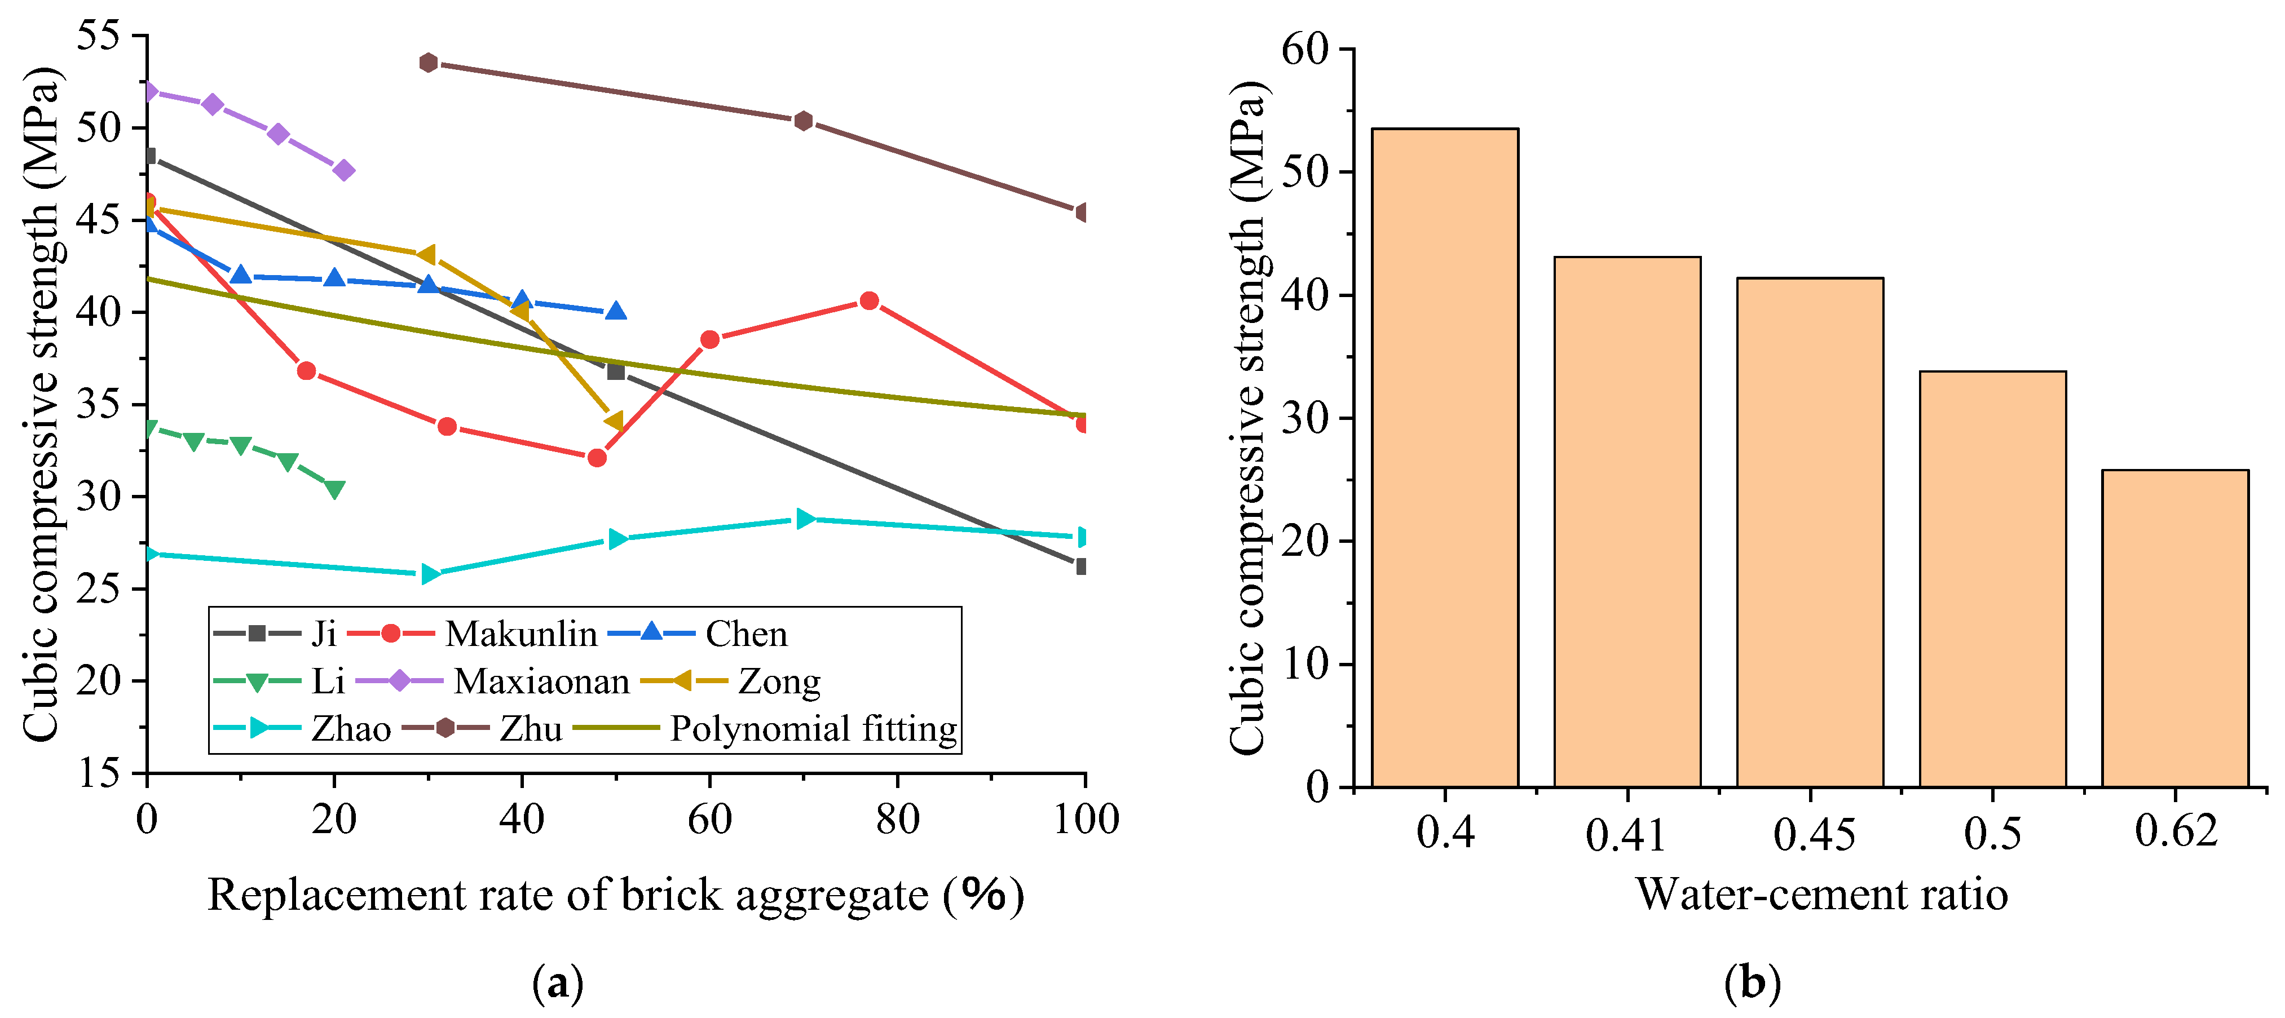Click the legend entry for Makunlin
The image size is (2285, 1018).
click(x=520, y=634)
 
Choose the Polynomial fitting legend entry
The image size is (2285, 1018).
click(x=813, y=729)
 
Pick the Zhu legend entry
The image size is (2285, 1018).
click(x=531, y=729)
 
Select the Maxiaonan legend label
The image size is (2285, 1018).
click(x=541, y=681)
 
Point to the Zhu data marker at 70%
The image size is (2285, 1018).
click(x=804, y=121)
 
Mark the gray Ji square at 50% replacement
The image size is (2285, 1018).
click(x=616, y=371)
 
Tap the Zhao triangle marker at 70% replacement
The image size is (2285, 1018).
click(x=805, y=519)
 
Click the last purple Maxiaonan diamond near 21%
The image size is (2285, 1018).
click(x=344, y=170)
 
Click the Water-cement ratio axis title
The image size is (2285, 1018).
click(x=1821, y=894)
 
